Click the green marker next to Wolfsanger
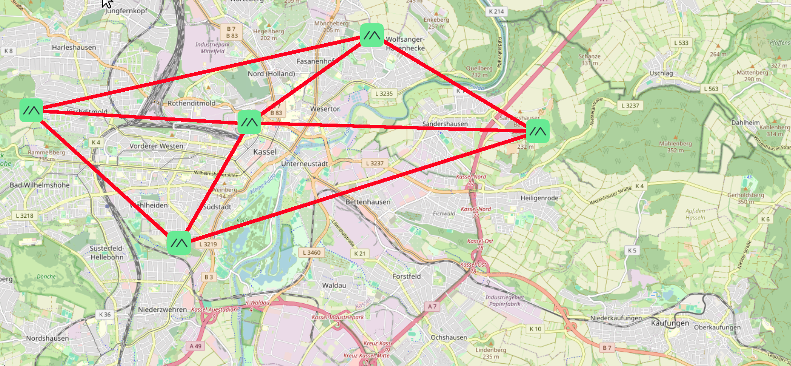(372, 35)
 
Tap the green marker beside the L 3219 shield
(179, 243)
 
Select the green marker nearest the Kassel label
(249, 122)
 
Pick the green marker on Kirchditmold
(31, 110)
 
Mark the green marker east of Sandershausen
(538, 131)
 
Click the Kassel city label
(265, 152)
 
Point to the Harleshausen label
(74, 48)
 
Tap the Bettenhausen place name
(368, 202)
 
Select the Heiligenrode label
(539, 198)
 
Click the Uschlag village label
(661, 73)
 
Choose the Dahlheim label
(745, 123)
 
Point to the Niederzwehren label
(162, 309)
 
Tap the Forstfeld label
(406, 276)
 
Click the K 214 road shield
(496, 11)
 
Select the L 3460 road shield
(312, 252)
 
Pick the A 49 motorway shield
(195, 346)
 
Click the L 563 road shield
(711, 89)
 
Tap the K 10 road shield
(535, 329)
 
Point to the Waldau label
(334, 286)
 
